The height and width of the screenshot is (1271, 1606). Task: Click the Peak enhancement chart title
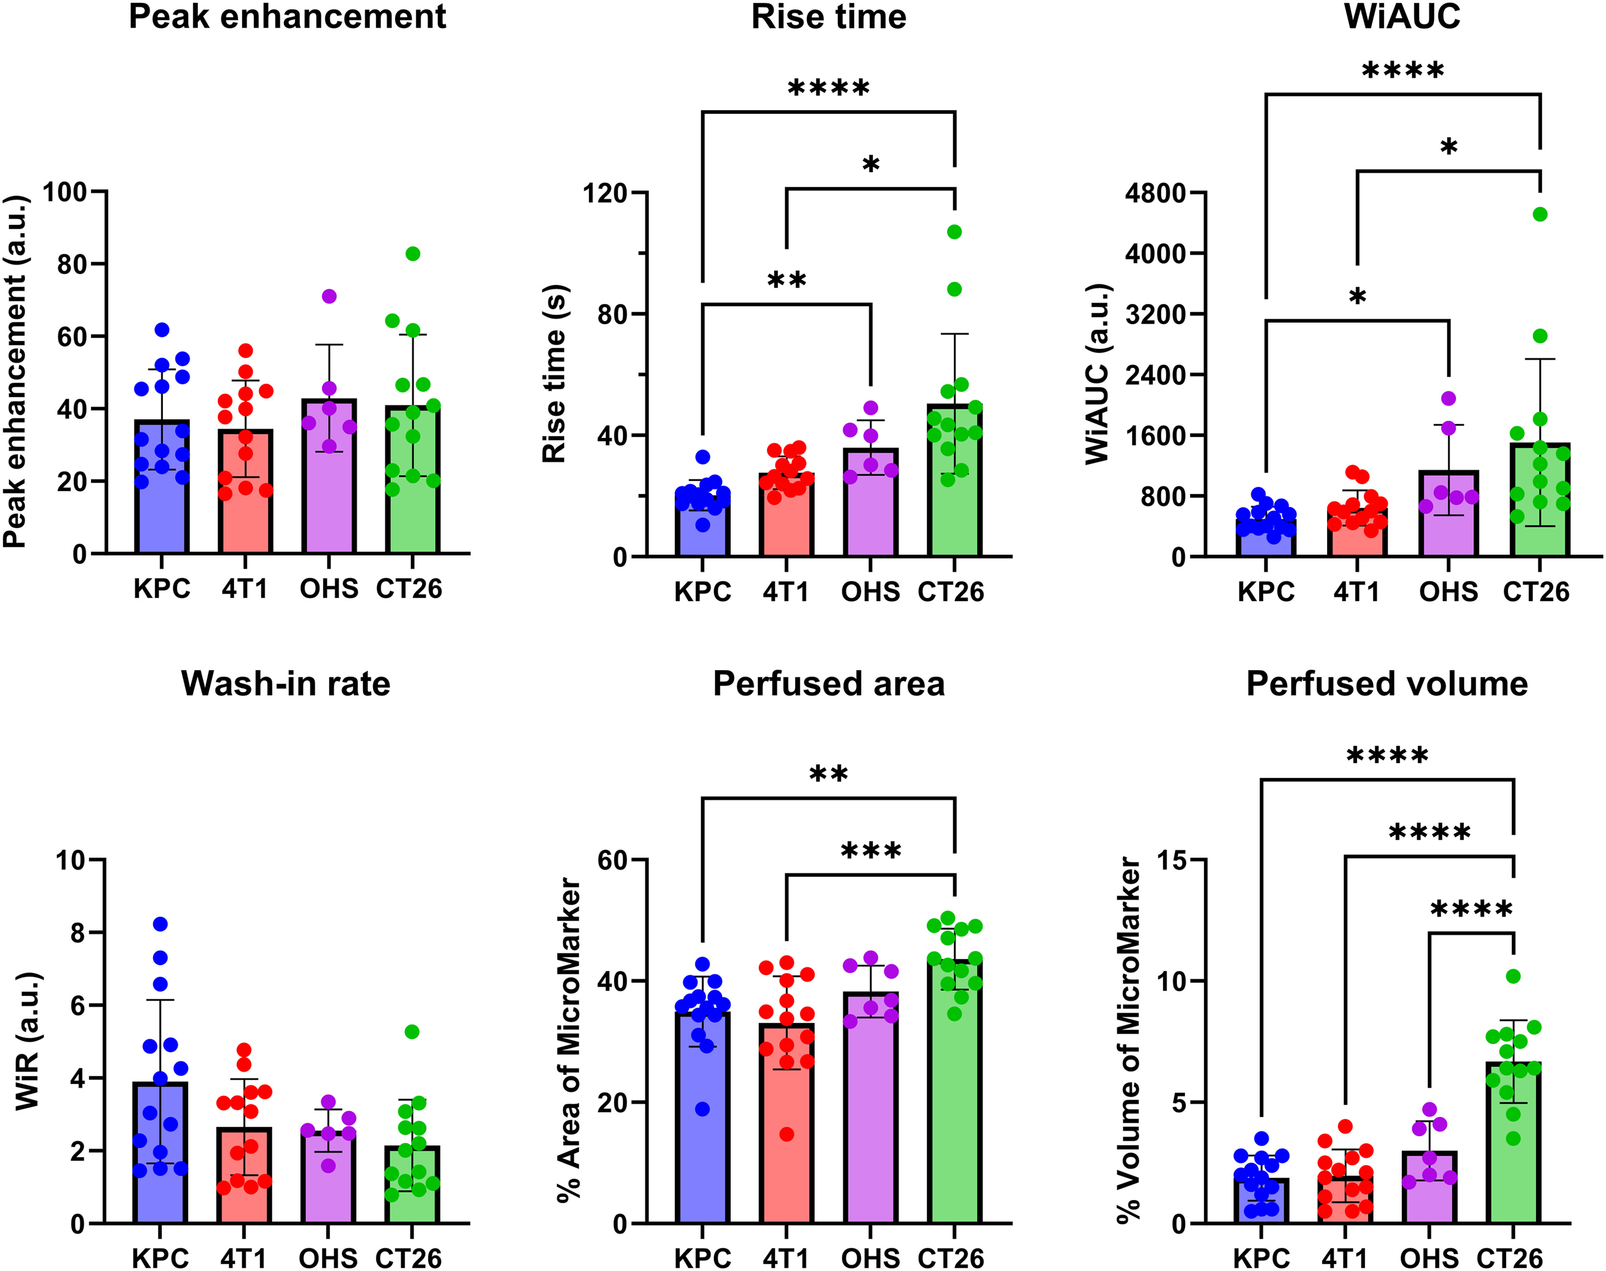287,16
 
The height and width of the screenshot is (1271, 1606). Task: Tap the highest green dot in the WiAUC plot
1540,214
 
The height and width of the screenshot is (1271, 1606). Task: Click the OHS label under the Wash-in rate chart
328,1258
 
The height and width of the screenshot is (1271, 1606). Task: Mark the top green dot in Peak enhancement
413,254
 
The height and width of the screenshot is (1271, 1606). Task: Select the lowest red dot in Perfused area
787,1134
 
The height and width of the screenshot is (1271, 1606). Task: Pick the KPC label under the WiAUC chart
1266,592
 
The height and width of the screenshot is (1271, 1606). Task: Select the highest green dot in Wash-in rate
411,1032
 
